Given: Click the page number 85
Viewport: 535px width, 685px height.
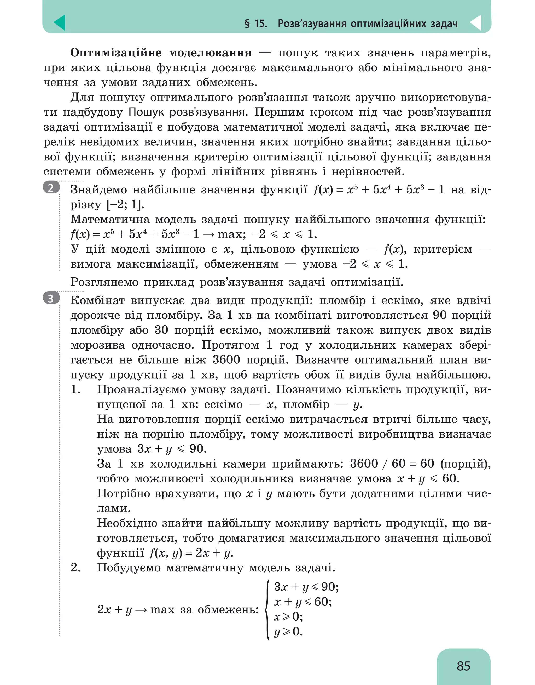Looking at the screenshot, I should tap(463, 666).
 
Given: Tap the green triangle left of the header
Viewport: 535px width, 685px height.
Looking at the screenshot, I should tap(60, 23).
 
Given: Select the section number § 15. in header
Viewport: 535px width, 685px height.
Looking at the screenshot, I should tap(256, 23).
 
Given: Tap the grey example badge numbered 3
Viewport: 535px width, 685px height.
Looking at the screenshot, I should tap(51, 298).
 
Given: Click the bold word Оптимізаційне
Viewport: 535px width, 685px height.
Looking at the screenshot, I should tap(115, 53).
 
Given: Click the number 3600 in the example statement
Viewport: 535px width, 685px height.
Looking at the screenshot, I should tap(226, 359).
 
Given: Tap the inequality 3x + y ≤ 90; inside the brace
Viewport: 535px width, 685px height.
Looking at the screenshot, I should tap(306, 587).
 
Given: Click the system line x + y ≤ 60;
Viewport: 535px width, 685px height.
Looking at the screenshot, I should tap(303, 601).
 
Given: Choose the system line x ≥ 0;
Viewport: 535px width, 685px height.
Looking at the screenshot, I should tap(288, 617).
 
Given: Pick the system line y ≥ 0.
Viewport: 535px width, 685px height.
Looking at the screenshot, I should tap(288, 631).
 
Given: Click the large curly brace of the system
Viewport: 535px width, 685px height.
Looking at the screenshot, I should tap(267, 609).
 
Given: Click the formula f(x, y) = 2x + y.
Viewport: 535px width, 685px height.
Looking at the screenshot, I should tap(191, 553).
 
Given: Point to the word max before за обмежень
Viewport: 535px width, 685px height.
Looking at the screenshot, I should tap(162, 609).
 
